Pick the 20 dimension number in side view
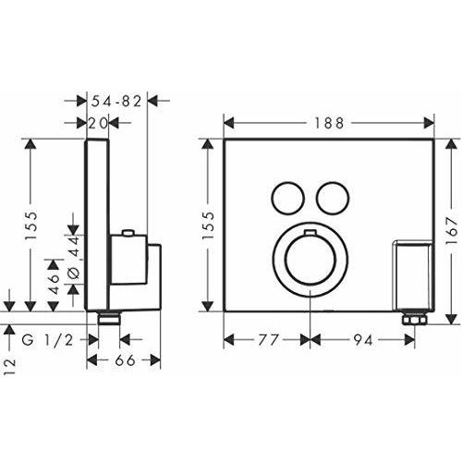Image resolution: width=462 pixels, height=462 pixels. (99, 121)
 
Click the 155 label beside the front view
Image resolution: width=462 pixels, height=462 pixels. (210, 226)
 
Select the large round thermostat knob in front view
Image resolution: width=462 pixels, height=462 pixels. (309, 261)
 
